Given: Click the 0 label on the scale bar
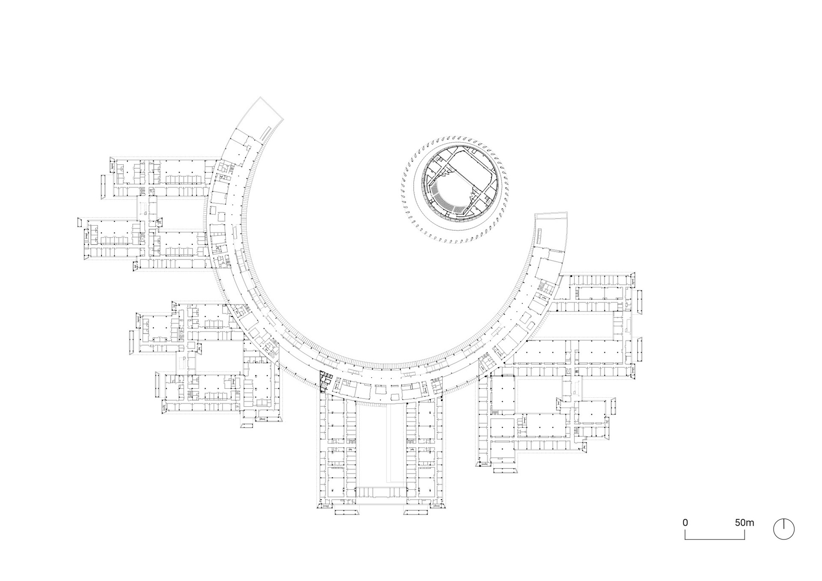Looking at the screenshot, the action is pos(685,523).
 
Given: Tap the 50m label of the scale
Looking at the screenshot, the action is pos(745,523).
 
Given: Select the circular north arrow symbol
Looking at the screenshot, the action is pos(784,529).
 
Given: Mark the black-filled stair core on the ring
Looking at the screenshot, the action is pos(326,380).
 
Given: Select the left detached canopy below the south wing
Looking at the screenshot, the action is pos(346,512).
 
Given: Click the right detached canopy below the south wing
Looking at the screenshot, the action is pos(417,512).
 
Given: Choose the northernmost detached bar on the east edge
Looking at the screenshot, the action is pos(640,302).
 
